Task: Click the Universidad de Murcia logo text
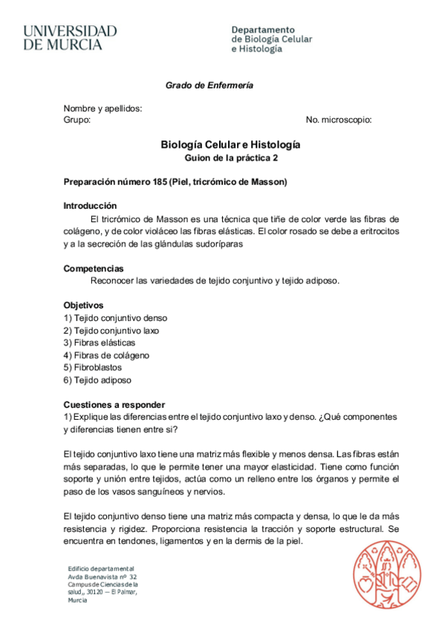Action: click(x=70, y=38)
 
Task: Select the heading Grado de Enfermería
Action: click(x=209, y=85)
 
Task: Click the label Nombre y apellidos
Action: click(x=103, y=108)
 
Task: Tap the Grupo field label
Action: click(x=77, y=120)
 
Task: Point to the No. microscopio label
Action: click(x=339, y=120)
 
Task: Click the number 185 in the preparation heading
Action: click(x=157, y=182)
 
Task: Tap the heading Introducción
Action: click(x=90, y=206)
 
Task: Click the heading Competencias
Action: click(x=94, y=268)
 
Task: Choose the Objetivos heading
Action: click(x=83, y=305)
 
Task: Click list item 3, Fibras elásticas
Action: click(x=100, y=342)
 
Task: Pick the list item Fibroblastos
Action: click(x=93, y=368)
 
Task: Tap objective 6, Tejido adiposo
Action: click(x=97, y=380)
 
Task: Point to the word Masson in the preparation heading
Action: click(x=267, y=182)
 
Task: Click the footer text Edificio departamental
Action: click(x=101, y=568)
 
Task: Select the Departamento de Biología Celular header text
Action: click(x=272, y=39)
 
